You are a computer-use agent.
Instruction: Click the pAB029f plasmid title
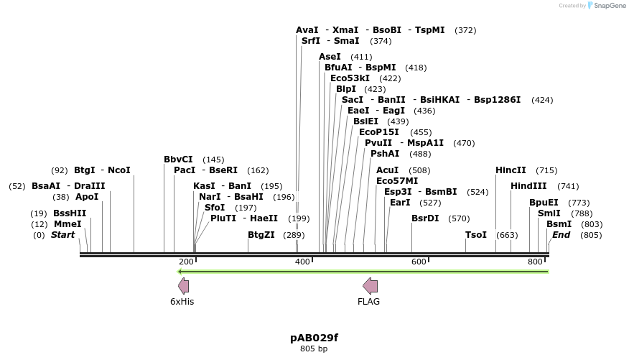[x=314, y=337]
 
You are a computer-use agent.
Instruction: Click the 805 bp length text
[x=314, y=349]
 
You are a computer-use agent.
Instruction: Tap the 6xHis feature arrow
[x=183, y=286]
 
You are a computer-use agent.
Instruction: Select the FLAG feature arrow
[x=370, y=286]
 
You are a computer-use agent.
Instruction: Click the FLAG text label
[x=368, y=302]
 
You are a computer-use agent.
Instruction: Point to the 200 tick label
[x=186, y=262]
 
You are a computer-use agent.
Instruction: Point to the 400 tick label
[x=302, y=262]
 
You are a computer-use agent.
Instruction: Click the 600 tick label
[x=419, y=262]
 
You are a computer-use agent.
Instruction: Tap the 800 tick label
[x=535, y=262]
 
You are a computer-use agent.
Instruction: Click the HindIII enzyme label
[x=528, y=186]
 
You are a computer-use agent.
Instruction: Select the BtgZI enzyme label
[x=261, y=235]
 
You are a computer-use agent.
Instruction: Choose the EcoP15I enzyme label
[x=379, y=132]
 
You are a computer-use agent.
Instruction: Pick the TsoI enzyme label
[x=476, y=235]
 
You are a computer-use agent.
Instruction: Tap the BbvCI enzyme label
[x=178, y=160]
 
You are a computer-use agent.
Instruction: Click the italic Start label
[x=62, y=235]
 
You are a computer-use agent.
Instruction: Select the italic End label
[x=561, y=235]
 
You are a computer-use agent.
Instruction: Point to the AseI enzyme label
[x=330, y=57]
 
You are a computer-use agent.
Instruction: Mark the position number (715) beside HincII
[x=546, y=170]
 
